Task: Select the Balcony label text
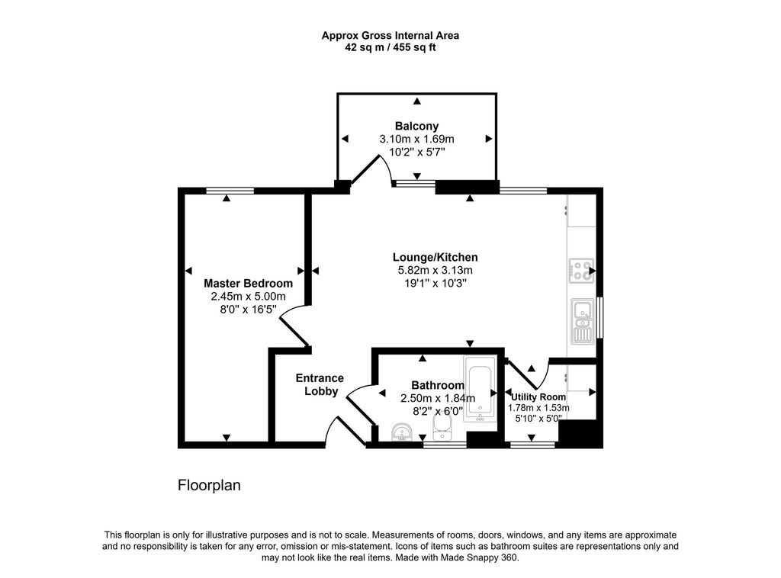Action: [x=416, y=126]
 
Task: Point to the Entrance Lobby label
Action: [x=320, y=384]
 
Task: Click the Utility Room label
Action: [x=538, y=397]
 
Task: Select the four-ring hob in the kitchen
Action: [x=581, y=271]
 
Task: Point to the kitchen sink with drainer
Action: [x=581, y=320]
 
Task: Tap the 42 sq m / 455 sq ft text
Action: [x=390, y=47]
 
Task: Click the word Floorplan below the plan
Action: [x=209, y=485]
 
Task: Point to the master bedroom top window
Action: [x=230, y=190]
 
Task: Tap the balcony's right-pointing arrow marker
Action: [x=488, y=139]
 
